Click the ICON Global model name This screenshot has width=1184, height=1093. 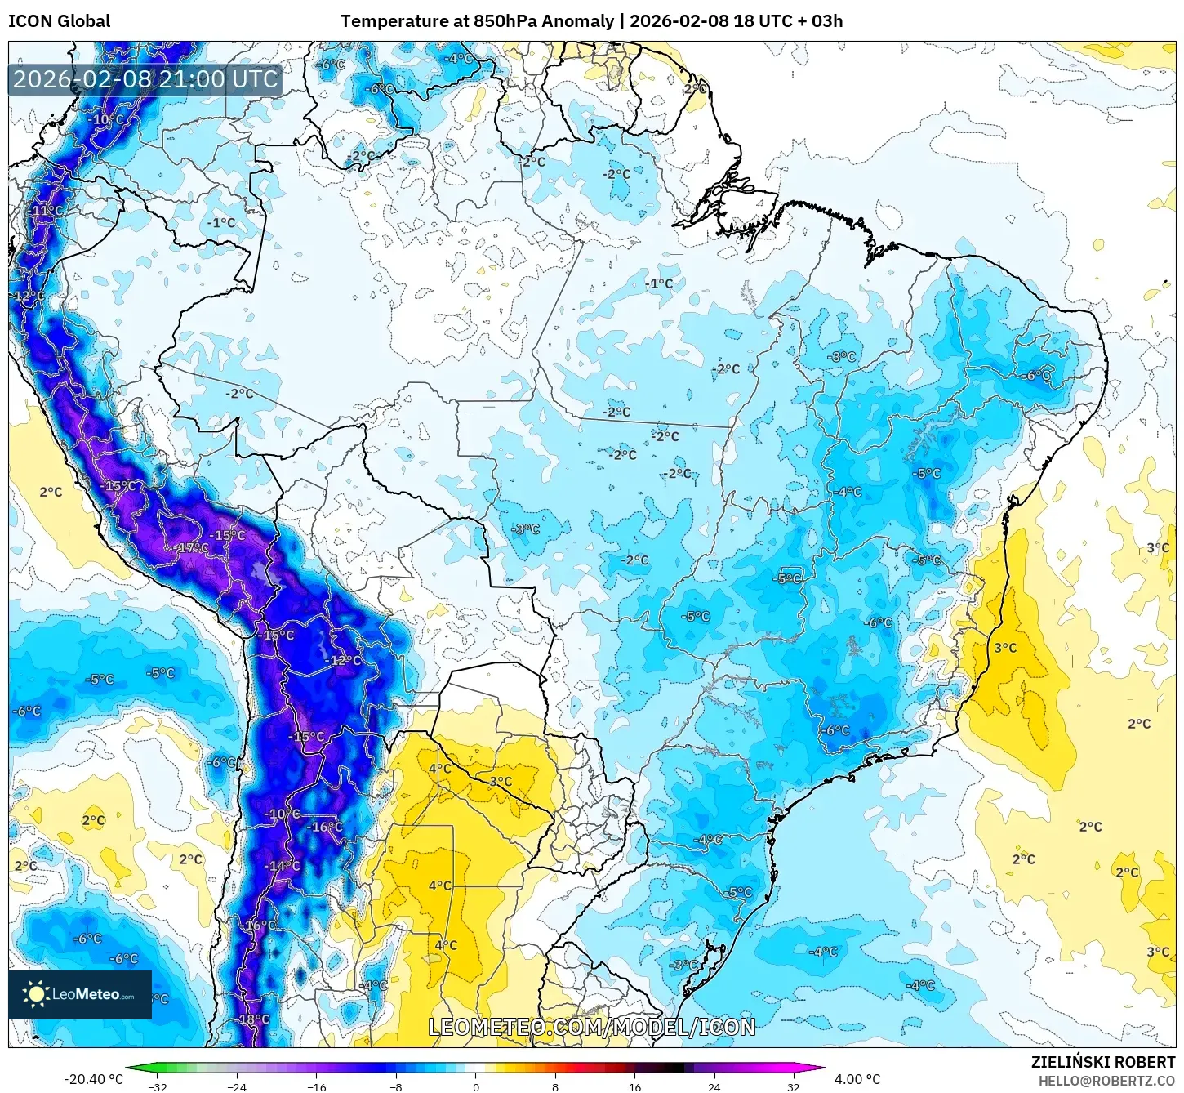tap(59, 21)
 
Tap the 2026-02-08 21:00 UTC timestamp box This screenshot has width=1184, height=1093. tap(145, 79)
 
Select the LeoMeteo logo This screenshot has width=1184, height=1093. tap(80, 994)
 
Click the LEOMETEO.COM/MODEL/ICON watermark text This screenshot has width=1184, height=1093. tap(592, 1027)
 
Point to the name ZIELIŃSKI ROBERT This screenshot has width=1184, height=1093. tap(1103, 1062)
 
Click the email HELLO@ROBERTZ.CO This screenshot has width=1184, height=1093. tap(1106, 1081)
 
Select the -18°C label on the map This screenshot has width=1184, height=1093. tap(252, 1019)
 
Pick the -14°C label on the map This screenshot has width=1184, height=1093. tap(283, 866)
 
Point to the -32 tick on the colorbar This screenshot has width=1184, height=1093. tap(158, 1086)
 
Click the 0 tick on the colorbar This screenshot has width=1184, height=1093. tap(476, 1086)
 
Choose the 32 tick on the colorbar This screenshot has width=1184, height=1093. tap(793, 1086)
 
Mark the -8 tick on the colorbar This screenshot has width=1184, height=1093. tap(396, 1086)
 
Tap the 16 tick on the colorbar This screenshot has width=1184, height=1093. tap(634, 1086)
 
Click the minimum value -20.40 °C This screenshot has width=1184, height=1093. tap(93, 1079)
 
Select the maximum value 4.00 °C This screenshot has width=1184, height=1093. tap(857, 1079)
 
